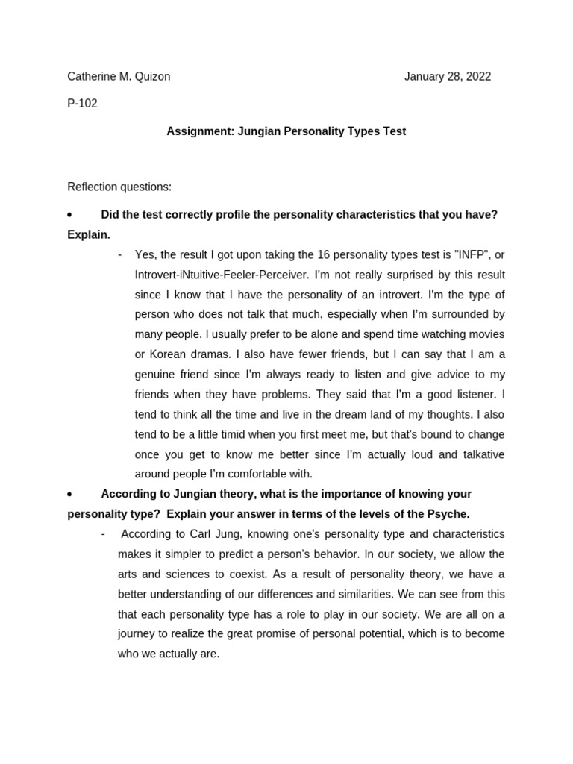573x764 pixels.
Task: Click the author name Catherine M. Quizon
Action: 119,76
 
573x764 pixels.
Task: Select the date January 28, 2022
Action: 448,76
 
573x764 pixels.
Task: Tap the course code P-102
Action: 82,104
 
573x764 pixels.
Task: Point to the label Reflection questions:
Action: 119,187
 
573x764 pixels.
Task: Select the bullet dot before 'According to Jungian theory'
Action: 69,495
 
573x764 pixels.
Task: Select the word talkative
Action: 479,454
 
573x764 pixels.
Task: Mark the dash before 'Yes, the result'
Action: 120,254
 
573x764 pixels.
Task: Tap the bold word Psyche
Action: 448,514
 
